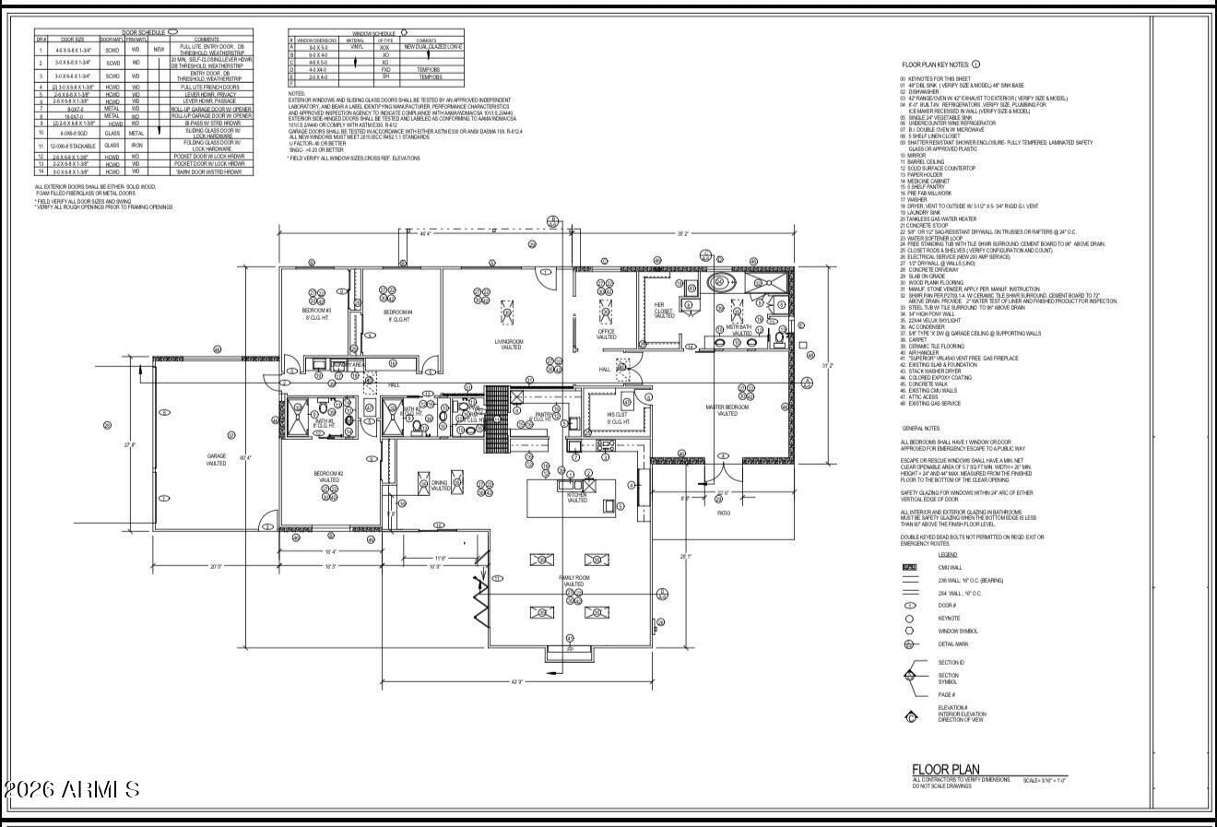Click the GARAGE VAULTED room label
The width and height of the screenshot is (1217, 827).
pos(216,459)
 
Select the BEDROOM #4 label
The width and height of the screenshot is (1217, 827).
pos(398,314)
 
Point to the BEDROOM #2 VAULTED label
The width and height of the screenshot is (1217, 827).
pos(329,477)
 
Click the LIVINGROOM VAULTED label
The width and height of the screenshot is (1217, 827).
pos(508,345)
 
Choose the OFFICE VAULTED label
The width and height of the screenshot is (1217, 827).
pos(606,334)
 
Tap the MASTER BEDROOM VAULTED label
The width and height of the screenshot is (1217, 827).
pos(727,410)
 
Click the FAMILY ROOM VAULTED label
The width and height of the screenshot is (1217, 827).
pos(573,581)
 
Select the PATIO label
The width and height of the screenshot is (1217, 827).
pos(723,514)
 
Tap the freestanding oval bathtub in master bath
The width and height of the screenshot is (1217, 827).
pos(718,282)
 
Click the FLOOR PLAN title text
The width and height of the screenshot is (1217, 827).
pos(945,770)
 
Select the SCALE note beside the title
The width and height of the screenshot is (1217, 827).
pos(1045,781)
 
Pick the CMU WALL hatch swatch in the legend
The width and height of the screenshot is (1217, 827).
pos(909,568)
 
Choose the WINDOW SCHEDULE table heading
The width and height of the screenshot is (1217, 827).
pos(374,32)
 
